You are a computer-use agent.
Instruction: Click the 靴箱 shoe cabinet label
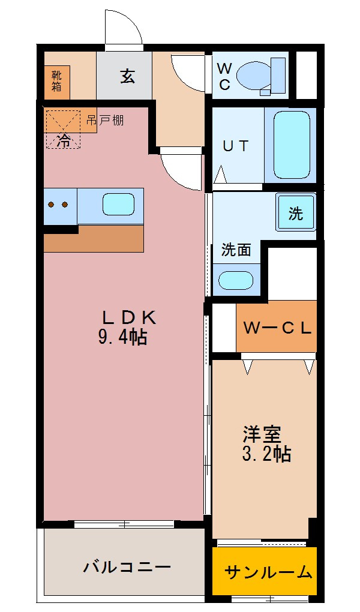56,81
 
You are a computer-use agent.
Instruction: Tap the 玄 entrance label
127,76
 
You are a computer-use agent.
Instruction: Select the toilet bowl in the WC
256,76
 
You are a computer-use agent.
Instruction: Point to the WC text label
224,76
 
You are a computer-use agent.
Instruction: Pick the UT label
236,146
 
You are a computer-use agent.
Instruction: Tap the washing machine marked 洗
296,213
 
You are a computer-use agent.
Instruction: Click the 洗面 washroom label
236,250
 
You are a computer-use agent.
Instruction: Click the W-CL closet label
277,328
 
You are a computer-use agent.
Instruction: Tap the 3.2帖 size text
266,454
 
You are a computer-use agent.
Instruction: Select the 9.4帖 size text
123,338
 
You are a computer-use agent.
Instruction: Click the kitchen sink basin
119,205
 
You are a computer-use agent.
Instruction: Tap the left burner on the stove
51,205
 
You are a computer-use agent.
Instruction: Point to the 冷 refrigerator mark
63,142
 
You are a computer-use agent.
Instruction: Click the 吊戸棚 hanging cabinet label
105,120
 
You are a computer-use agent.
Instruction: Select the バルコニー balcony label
127,566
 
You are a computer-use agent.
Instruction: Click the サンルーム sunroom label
268,572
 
